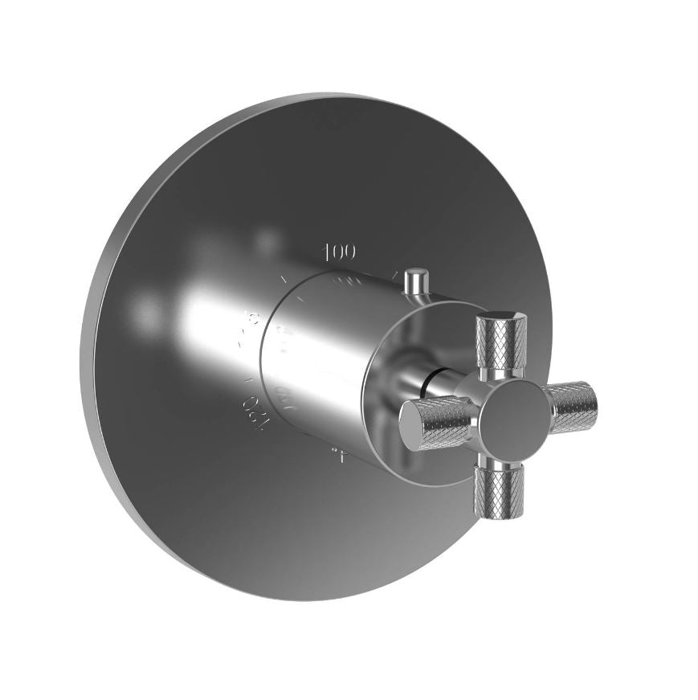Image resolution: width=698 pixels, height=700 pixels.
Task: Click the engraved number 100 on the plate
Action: [x=340, y=252]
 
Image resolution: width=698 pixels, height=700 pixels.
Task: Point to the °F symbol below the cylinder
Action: [x=340, y=456]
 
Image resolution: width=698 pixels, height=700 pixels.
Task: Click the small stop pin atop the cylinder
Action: [x=415, y=282]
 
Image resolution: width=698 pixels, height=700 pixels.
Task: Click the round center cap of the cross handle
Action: [x=509, y=413]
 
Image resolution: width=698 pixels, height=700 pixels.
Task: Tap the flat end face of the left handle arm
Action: [x=412, y=424]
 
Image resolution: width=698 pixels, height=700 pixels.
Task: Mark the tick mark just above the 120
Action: [x=250, y=376]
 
